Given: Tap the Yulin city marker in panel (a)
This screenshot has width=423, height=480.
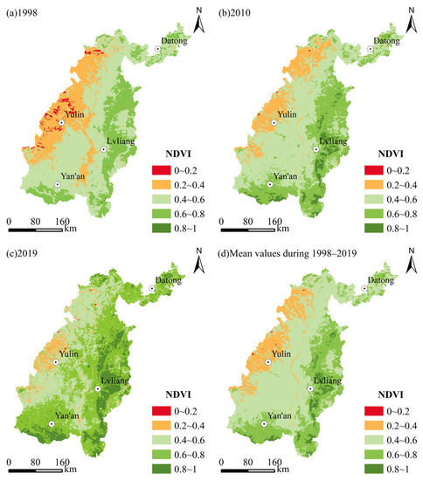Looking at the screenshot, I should point(62,123).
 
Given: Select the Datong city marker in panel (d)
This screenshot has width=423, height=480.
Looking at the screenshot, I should point(371,290).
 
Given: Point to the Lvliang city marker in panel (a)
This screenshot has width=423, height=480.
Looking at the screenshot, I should point(103,149).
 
